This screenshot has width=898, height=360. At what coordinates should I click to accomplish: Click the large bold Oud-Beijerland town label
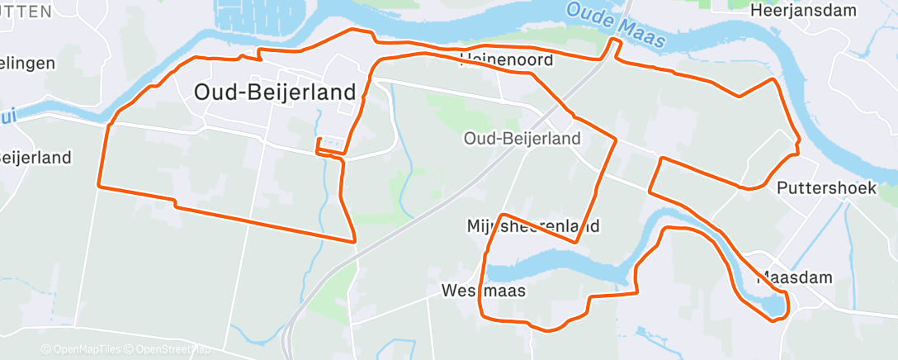coord(274,92)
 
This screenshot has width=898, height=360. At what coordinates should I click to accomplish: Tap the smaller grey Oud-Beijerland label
coord(522,139)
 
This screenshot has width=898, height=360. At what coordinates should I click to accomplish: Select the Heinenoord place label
coord(505,59)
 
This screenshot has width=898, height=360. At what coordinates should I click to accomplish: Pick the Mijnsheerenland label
coord(532,225)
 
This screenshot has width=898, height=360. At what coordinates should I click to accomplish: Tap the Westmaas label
coord(483,291)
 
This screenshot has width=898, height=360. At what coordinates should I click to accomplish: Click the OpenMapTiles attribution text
coord(84,349)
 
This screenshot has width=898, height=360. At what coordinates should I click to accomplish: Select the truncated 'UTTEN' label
coord(25,11)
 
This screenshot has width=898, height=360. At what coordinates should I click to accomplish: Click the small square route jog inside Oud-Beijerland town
coord(328,144)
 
